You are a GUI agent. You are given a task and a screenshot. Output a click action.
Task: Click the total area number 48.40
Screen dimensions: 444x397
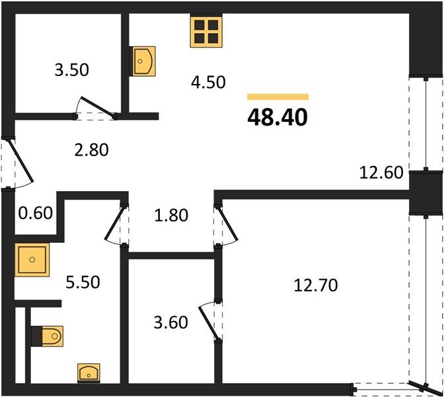(x=277, y=117)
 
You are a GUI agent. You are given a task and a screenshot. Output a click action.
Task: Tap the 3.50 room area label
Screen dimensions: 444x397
(x=71, y=69)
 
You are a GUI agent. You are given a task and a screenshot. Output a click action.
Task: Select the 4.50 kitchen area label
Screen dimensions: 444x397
(x=208, y=82)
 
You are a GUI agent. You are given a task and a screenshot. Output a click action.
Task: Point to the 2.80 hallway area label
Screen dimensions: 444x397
(x=91, y=150)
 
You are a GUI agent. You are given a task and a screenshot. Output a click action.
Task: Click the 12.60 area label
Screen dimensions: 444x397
(x=381, y=173)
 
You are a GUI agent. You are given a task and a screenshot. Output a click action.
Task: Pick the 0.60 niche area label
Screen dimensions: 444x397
(x=36, y=213)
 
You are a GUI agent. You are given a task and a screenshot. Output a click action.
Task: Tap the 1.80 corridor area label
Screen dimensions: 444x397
(x=171, y=215)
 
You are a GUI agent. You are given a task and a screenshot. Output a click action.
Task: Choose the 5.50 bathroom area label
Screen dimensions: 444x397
(x=83, y=282)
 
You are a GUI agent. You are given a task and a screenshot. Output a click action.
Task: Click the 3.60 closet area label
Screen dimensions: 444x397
(x=170, y=323)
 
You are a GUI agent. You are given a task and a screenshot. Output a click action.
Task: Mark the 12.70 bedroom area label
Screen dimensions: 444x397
(x=316, y=285)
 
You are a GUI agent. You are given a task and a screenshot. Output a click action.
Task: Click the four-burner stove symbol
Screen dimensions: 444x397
(x=206, y=31)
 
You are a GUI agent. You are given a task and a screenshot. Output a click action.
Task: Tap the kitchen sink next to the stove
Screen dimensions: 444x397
(x=143, y=62)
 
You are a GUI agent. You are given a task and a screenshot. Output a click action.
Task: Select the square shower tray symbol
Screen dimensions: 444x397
(x=32, y=259)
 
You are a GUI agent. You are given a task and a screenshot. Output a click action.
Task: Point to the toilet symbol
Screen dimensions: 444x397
(x=48, y=336)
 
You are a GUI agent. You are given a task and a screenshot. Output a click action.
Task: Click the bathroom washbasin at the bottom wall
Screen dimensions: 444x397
(x=89, y=373)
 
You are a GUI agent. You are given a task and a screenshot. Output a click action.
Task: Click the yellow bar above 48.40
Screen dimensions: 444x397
(x=277, y=97)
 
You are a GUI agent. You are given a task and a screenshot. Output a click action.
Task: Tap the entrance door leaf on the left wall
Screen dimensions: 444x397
(x=20, y=160)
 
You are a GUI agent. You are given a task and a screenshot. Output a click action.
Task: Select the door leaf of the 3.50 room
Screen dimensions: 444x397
(x=98, y=107)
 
